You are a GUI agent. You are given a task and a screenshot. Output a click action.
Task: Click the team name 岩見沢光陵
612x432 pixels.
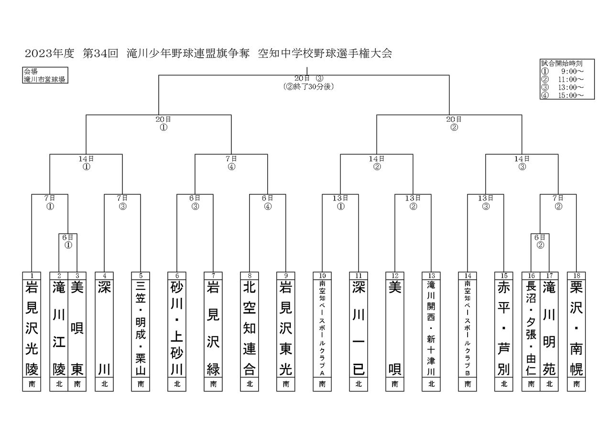coord(32,328)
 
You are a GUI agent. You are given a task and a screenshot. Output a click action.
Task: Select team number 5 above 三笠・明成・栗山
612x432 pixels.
coord(141,276)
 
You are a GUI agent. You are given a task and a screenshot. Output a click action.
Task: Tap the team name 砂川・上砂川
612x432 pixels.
coord(177,328)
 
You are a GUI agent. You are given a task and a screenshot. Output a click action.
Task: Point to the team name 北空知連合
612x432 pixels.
coord(250,328)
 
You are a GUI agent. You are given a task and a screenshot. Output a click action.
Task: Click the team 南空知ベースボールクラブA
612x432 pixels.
coord(322,328)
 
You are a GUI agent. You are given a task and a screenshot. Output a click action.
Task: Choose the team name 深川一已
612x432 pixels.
coord(359,328)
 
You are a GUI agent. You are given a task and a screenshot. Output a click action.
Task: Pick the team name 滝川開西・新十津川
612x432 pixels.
coord(431,328)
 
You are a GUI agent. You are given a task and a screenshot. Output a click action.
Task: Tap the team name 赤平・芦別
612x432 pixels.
coord(504,328)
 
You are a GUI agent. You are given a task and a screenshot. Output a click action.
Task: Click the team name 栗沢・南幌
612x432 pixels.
coord(577,328)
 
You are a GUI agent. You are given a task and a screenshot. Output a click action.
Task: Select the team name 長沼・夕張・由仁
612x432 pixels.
coord(531,328)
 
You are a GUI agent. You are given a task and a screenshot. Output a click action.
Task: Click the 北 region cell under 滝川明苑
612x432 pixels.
coord(549,384)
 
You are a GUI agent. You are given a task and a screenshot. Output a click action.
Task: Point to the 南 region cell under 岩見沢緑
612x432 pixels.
coord(213,384)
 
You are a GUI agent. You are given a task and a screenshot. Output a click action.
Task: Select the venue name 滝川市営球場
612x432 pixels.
coord(44,79)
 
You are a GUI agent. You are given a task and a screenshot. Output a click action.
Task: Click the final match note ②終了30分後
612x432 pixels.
coord(309,87)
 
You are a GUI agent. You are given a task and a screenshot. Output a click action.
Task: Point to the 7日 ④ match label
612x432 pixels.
coord(231,163)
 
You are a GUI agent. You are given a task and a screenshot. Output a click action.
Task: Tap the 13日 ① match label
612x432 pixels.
coord(340,202)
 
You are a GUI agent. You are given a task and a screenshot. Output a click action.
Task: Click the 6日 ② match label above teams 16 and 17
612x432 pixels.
coord(540,242)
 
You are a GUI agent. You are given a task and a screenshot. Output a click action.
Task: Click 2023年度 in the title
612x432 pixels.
coord(49,53)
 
